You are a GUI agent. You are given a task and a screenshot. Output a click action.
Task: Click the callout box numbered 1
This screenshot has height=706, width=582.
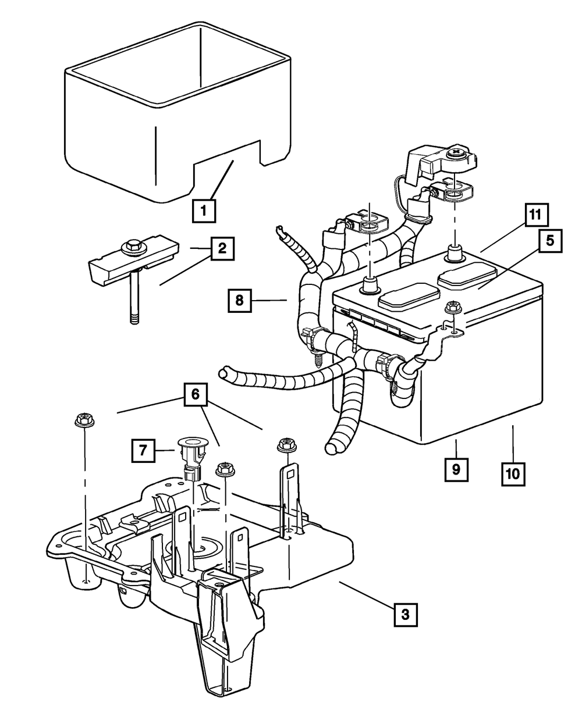point(204,211)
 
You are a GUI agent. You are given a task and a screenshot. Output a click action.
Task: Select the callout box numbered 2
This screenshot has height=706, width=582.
point(222,248)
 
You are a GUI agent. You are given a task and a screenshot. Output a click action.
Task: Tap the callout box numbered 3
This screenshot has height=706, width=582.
point(406,615)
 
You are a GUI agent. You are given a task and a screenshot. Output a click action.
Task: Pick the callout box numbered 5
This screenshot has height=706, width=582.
point(550,241)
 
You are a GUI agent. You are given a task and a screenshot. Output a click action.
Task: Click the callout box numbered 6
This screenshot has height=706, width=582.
point(196,394)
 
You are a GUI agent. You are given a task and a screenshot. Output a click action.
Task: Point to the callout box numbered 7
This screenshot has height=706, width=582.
point(143,450)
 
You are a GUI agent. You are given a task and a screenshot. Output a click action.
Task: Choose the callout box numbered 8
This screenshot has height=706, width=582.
point(239,300)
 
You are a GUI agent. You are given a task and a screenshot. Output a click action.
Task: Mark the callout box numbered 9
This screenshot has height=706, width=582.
point(456,469)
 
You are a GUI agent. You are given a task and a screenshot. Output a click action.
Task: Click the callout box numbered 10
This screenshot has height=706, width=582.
point(513,474)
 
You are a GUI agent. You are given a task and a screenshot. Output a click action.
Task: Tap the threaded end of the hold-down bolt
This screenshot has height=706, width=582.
point(134,318)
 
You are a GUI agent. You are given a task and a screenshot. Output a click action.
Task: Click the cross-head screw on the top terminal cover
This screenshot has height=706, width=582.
point(459,154)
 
